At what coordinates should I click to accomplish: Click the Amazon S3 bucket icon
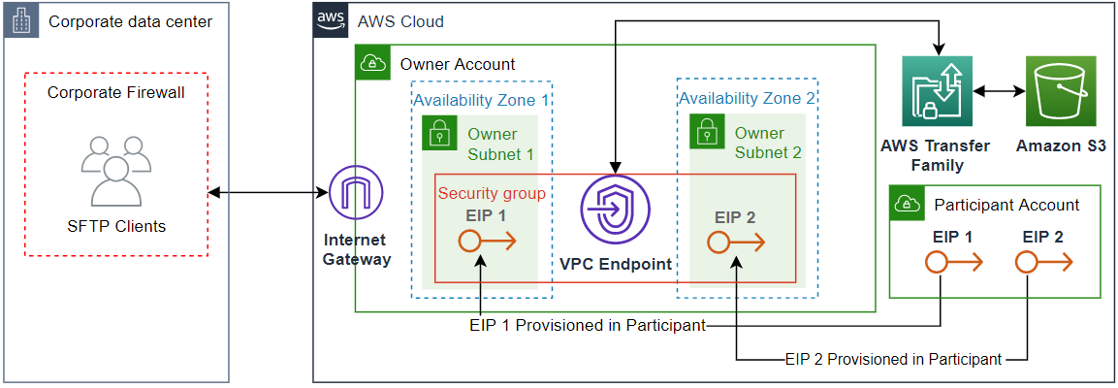1061,91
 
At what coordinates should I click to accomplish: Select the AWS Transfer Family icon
937,91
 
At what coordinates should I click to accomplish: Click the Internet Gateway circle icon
356,194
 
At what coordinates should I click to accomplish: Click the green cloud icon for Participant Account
908,204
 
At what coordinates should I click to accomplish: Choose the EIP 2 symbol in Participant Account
1042,261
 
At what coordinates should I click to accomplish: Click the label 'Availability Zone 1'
481,99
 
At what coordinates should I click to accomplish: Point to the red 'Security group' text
492,193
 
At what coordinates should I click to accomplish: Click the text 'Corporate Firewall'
116,93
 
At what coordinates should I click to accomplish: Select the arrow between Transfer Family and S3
999,92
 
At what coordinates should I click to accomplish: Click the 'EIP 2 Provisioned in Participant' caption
892,359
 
